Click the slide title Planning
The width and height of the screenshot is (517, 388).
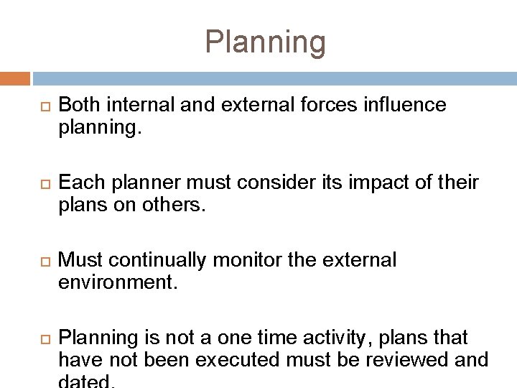point(265,42)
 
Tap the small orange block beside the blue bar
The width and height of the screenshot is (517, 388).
point(15,78)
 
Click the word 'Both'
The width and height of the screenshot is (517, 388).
point(80,106)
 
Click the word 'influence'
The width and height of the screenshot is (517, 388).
point(406,106)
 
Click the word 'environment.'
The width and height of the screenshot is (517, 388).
point(117,283)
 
